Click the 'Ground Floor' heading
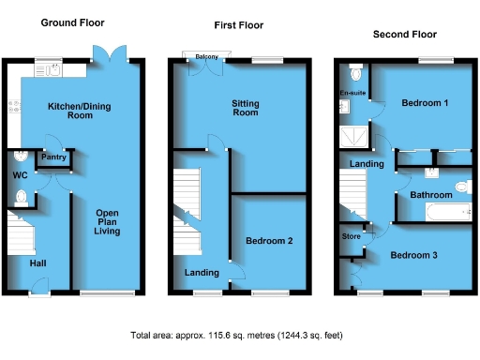(x=72, y=22)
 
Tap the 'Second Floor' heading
(x=404, y=35)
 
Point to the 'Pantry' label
(x=52, y=157)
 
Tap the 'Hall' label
(x=37, y=262)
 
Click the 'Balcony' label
(x=206, y=57)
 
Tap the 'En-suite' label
(x=351, y=94)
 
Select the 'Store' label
(x=351, y=235)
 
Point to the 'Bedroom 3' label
(x=413, y=255)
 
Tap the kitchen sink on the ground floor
(x=49, y=68)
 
